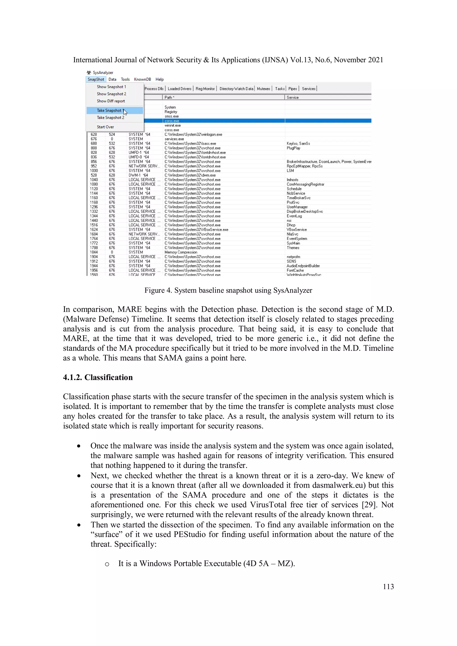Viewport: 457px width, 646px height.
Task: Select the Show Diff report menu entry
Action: [x=111, y=101]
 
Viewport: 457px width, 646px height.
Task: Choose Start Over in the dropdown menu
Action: [x=105, y=127]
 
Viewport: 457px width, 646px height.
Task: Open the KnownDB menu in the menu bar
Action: [x=143, y=79]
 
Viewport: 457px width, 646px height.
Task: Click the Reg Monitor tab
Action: [x=205, y=89]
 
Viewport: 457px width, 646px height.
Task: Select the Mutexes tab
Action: [x=263, y=89]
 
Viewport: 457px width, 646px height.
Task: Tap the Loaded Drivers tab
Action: [x=179, y=89]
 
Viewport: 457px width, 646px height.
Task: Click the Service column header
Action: [x=293, y=97]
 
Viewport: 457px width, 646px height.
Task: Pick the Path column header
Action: [x=169, y=97]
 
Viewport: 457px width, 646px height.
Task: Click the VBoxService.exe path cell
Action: [x=196, y=230]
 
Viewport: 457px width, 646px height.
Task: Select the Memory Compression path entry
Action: [x=181, y=252]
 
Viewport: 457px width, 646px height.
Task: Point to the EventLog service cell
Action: [x=294, y=216]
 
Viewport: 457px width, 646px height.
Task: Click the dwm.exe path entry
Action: [x=190, y=175]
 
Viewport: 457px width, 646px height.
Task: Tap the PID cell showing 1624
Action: [x=94, y=230]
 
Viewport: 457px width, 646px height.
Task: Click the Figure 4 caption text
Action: [x=228, y=290]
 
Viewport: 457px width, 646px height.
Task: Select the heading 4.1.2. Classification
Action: [x=98, y=377]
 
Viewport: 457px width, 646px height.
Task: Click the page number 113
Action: [x=388, y=586]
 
